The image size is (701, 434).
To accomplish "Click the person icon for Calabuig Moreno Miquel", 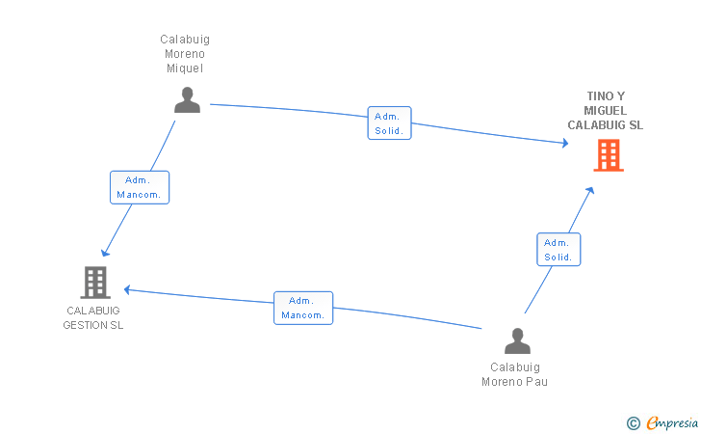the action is coord(187,100).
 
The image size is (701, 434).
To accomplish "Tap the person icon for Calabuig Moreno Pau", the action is coord(517,340).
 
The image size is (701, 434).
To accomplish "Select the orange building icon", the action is coord(609,155).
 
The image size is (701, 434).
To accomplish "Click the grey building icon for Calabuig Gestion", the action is coord(95,283).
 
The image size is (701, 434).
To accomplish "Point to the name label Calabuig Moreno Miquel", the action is coord(185,54).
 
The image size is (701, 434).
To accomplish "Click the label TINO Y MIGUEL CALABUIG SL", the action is coord(606,111).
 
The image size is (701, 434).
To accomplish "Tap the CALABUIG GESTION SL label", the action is coord(93,318).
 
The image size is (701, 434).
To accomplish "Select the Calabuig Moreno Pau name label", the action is coord(514,374).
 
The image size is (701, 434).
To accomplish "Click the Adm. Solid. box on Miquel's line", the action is coord(389,123).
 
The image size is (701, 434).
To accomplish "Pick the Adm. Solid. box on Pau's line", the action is coord(558,250).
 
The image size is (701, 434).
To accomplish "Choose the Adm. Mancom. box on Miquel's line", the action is coord(140,187).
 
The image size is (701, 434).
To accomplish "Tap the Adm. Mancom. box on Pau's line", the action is coord(303,309).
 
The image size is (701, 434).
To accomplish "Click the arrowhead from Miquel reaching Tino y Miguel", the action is coord(565,143).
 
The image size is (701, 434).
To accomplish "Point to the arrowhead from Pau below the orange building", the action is coord(590,191).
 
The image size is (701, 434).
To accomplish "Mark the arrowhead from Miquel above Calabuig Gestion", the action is coord(105,253).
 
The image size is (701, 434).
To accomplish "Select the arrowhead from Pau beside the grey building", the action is coord(127,289).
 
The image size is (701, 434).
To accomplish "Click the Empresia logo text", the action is coord(672,422).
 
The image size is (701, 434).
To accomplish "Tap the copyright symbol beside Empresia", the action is coord(633,423).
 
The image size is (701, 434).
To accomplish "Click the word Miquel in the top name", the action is coord(185,68).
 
